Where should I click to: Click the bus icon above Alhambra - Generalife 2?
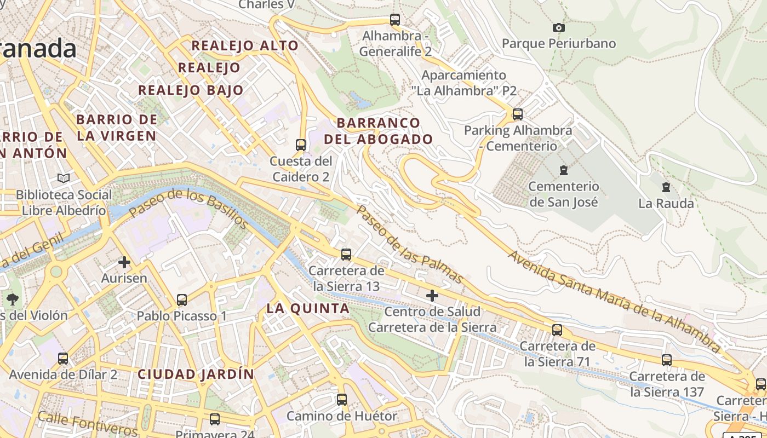pyautogui.click(x=395, y=20)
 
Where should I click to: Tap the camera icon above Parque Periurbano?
pyautogui.click(x=558, y=27)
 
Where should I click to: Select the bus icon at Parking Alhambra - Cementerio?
pyautogui.click(x=517, y=114)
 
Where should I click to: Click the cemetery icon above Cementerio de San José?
pyautogui.click(x=563, y=170)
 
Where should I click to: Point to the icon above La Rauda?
pyautogui.click(x=666, y=187)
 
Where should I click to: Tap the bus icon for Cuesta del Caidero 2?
pyautogui.click(x=301, y=145)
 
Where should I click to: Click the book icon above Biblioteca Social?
pyautogui.click(x=64, y=178)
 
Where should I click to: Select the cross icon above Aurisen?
pyautogui.click(x=124, y=262)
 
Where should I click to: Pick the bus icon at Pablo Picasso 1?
pyautogui.click(x=182, y=300)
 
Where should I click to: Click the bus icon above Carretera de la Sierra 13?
pyautogui.click(x=346, y=255)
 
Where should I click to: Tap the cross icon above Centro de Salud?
pyautogui.click(x=432, y=296)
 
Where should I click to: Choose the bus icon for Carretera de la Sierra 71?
pyautogui.click(x=557, y=330)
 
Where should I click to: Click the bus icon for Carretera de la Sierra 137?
pyautogui.click(x=667, y=360)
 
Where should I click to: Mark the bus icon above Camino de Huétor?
pyautogui.click(x=342, y=400)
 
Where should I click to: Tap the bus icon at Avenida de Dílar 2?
pyautogui.click(x=63, y=359)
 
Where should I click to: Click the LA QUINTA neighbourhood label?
pyautogui.click(x=308, y=308)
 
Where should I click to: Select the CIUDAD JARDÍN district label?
pyautogui.click(x=196, y=374)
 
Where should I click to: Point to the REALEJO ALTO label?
pyautogui.click(x=245, y=45)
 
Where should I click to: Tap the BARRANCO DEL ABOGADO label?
pyautogui.click(x=378, y=131)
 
